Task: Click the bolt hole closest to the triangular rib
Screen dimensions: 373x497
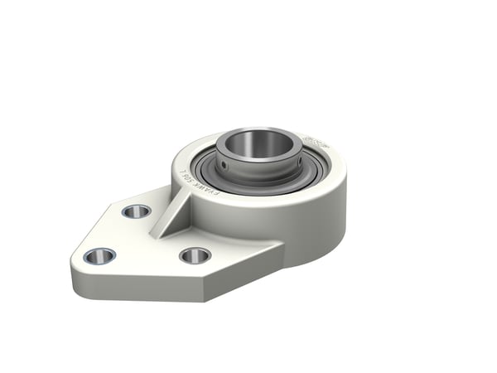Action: coord(137,211)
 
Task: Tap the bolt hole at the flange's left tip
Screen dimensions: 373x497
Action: coord(99,255)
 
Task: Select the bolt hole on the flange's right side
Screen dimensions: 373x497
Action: coord(195,255)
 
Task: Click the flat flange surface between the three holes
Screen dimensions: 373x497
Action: coord(145,240)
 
